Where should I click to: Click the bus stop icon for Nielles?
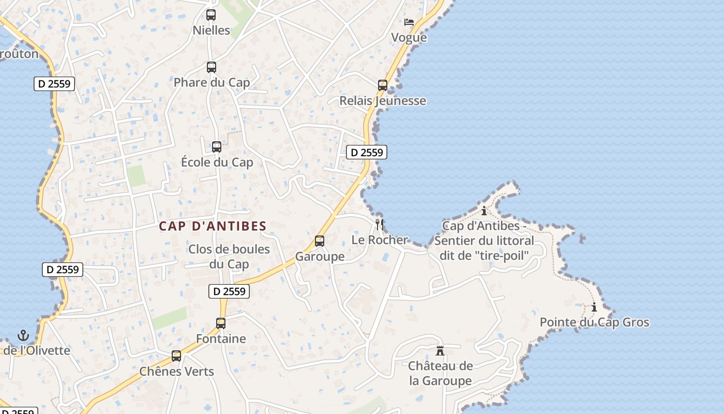[211, 15]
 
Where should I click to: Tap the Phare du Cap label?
[212, 82]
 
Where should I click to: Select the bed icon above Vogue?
[409, 22]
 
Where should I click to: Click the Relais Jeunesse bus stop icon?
[383, 85]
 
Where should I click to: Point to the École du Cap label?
[217, 162]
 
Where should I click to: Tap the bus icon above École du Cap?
[217, 147]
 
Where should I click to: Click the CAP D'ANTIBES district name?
[213, 226]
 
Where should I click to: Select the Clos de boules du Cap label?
[229, 257]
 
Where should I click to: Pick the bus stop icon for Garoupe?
[320, 241]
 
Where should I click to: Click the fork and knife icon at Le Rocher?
[380, 224]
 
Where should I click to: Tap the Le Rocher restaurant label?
[380, 240]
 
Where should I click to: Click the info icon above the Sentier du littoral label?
[484, 211]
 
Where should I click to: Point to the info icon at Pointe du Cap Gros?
[594, 307]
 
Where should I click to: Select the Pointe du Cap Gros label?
[594, 322]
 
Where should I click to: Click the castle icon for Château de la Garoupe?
[440, 351]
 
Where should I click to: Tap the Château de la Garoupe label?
[441, 374]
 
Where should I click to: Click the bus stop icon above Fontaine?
[221, 323]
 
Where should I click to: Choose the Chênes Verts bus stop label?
[176, 372]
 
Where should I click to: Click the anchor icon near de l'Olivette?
[23, 335]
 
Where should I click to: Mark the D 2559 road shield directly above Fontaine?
[229, 291]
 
